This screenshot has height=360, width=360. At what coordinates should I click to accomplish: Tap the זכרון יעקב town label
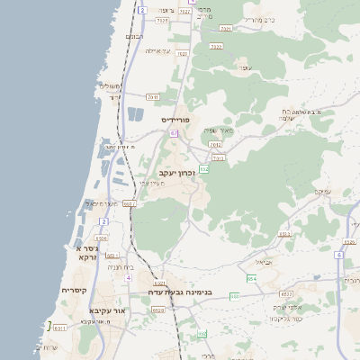pyautogui.click(x=176, y=171)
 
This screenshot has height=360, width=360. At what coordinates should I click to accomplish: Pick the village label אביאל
pyautogui.click(x=263, y=262)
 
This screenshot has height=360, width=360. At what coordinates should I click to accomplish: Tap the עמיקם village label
pyautogui.click(x=324, y=192)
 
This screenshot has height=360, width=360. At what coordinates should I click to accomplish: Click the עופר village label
pyautogui.click(x=244, y=67)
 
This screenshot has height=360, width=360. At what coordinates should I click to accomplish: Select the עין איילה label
pyautogui.click(x=157, y=51)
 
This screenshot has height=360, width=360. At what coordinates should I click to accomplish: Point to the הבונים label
pyautogui.click(x=134, y=37)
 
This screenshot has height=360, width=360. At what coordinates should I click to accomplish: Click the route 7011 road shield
pyautogui.click(x=152, y=96)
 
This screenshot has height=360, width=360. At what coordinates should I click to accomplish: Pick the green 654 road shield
pyautogui.click(x=252, y=279)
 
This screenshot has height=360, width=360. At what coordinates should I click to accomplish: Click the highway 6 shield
pyautogui.click(x=338, y=255)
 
